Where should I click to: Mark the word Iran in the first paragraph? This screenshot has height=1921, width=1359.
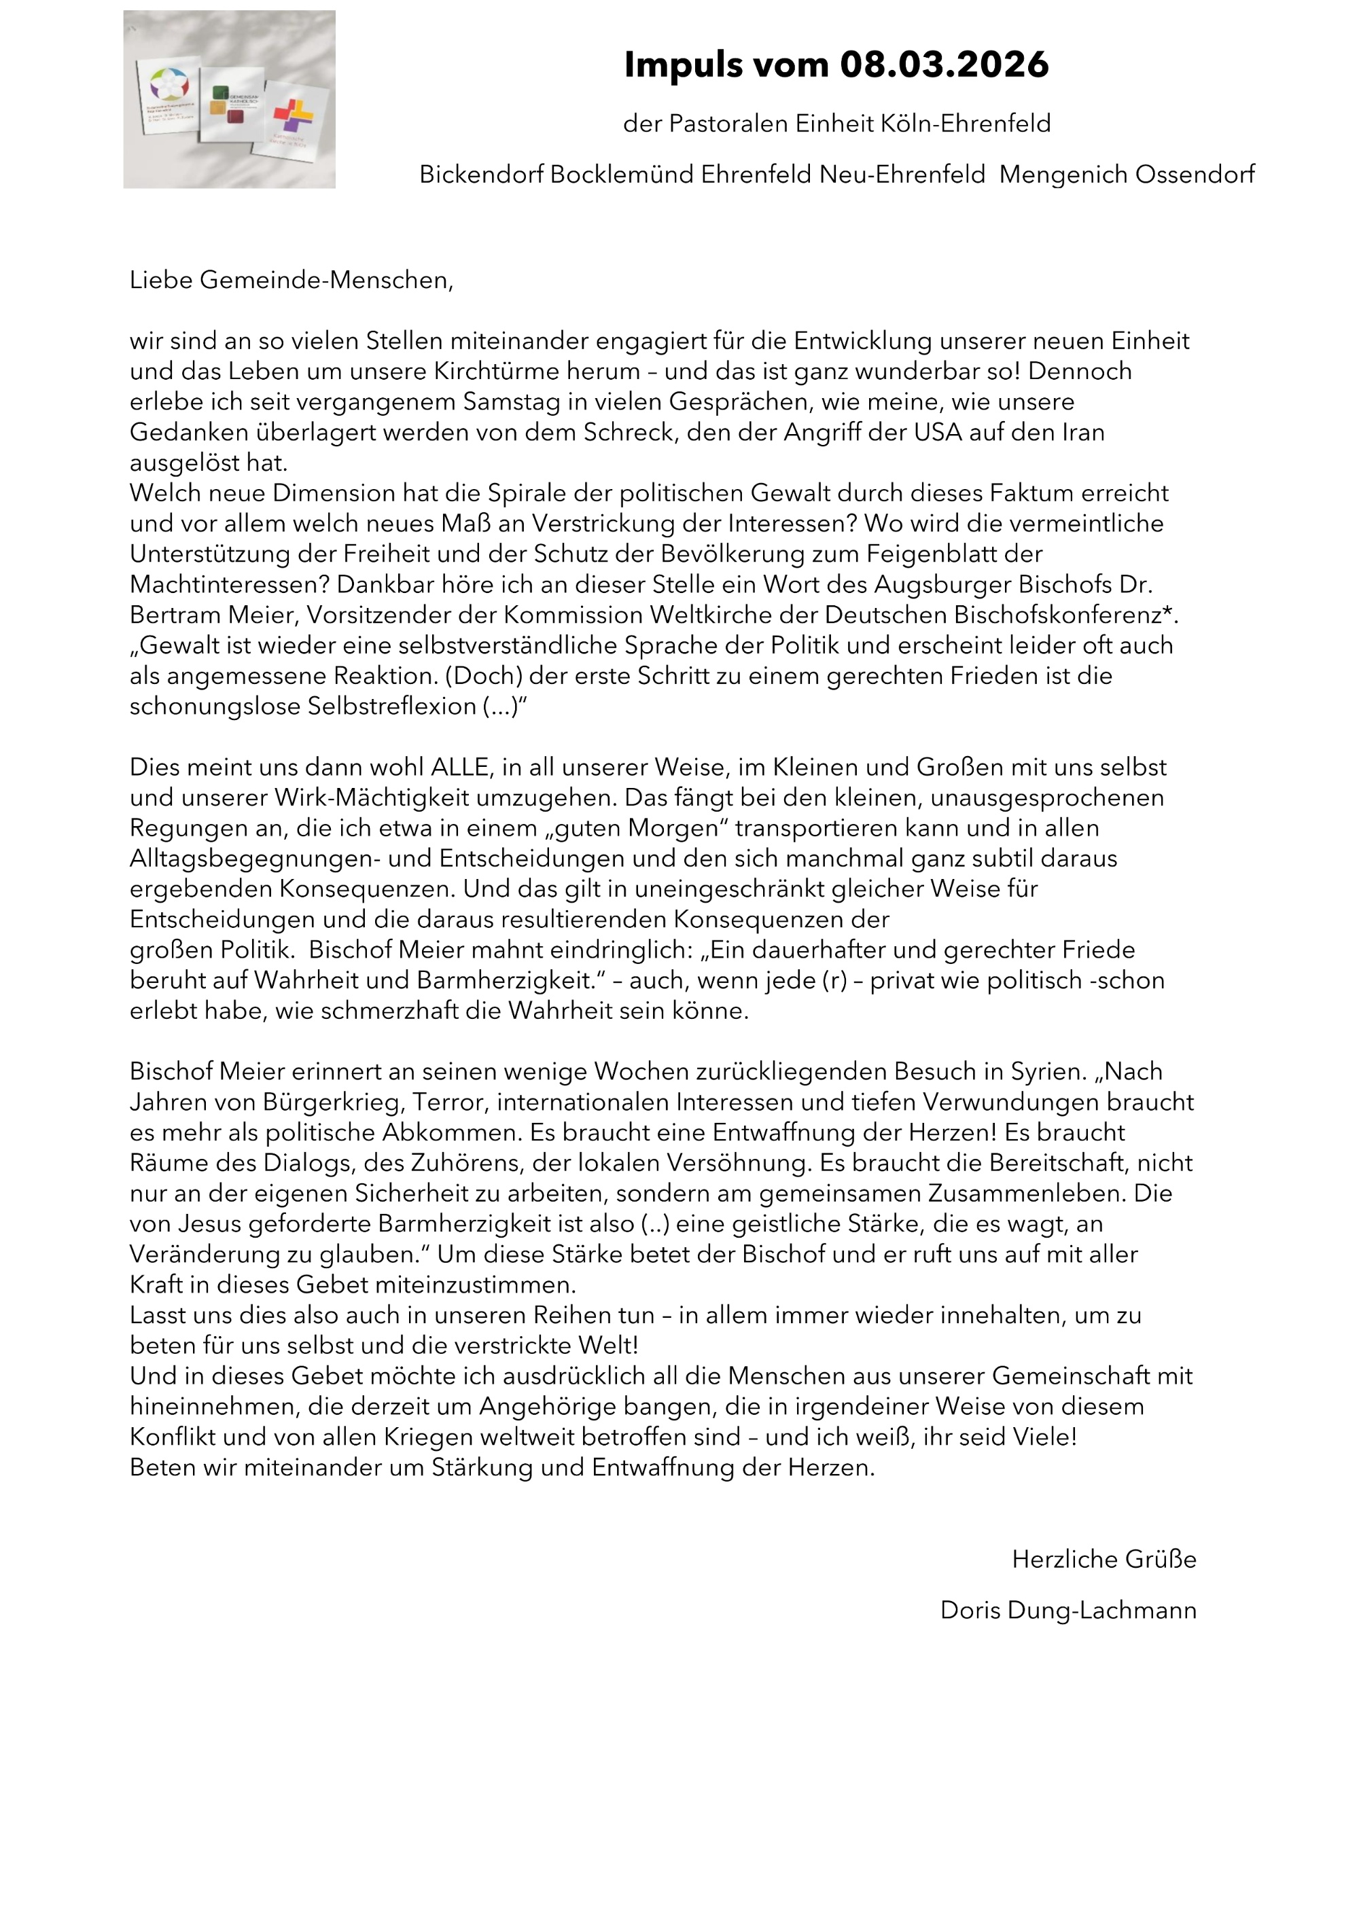click(x=1081, y=433)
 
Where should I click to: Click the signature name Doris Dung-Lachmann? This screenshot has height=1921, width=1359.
click(x=1067, y=1611)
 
